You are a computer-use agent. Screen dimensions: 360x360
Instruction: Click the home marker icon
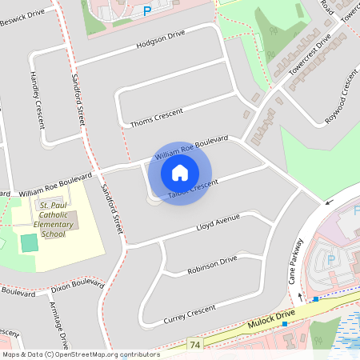click(x=180, y=172)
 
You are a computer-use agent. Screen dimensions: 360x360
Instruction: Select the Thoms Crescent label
click(x=162, y=117)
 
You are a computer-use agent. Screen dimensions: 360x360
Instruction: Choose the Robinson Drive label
click(x=212, y=265)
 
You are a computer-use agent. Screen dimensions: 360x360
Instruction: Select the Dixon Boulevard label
click(x=77, y=286)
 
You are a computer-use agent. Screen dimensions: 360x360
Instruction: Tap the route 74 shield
click(x=195, y=345)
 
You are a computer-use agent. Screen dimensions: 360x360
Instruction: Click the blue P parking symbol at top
click(x=146, y=10)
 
